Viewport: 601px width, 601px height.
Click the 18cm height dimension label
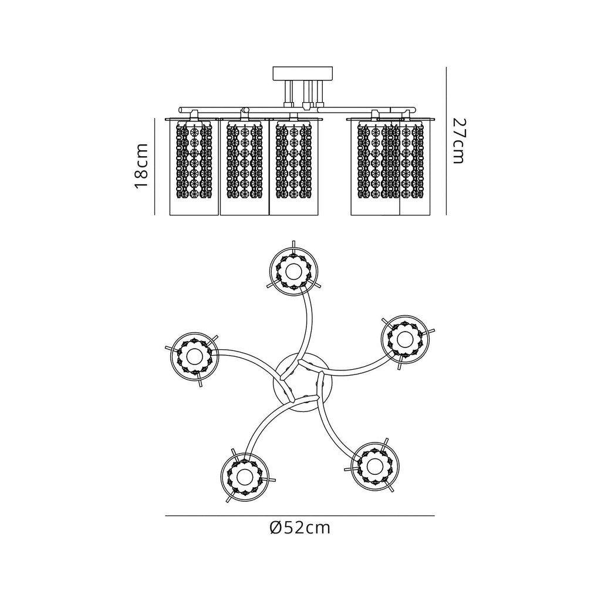[x=141, y=167]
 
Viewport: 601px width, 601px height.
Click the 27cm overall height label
[x=458, y=141]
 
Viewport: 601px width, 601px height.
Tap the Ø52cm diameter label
[x=300, y=528]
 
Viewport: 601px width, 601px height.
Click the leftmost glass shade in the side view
[x=194, y=167]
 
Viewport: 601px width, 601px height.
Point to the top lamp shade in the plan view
[x=293, y=270]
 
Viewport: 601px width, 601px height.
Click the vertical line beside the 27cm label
[x=447, y=141]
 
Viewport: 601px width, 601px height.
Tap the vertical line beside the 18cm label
[x=154, y=167]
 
